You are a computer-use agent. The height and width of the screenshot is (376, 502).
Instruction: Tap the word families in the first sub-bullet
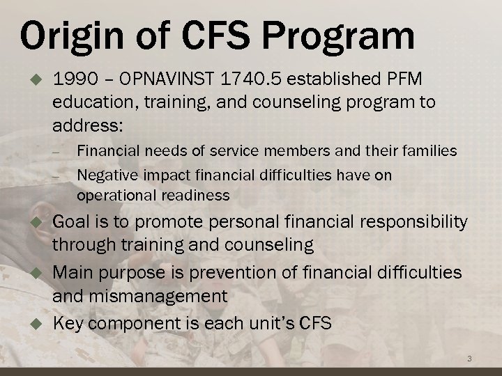[430, 150]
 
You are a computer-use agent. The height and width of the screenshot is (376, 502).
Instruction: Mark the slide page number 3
[469, 359]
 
